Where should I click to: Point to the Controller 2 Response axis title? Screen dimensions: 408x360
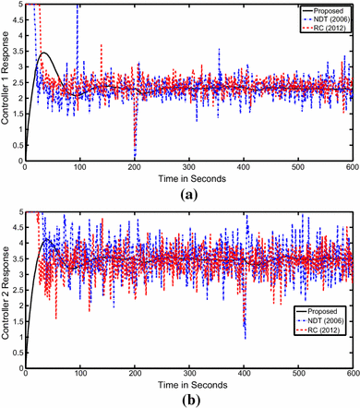click(7, 291)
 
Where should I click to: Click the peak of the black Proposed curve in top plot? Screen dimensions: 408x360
click(43, 54)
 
